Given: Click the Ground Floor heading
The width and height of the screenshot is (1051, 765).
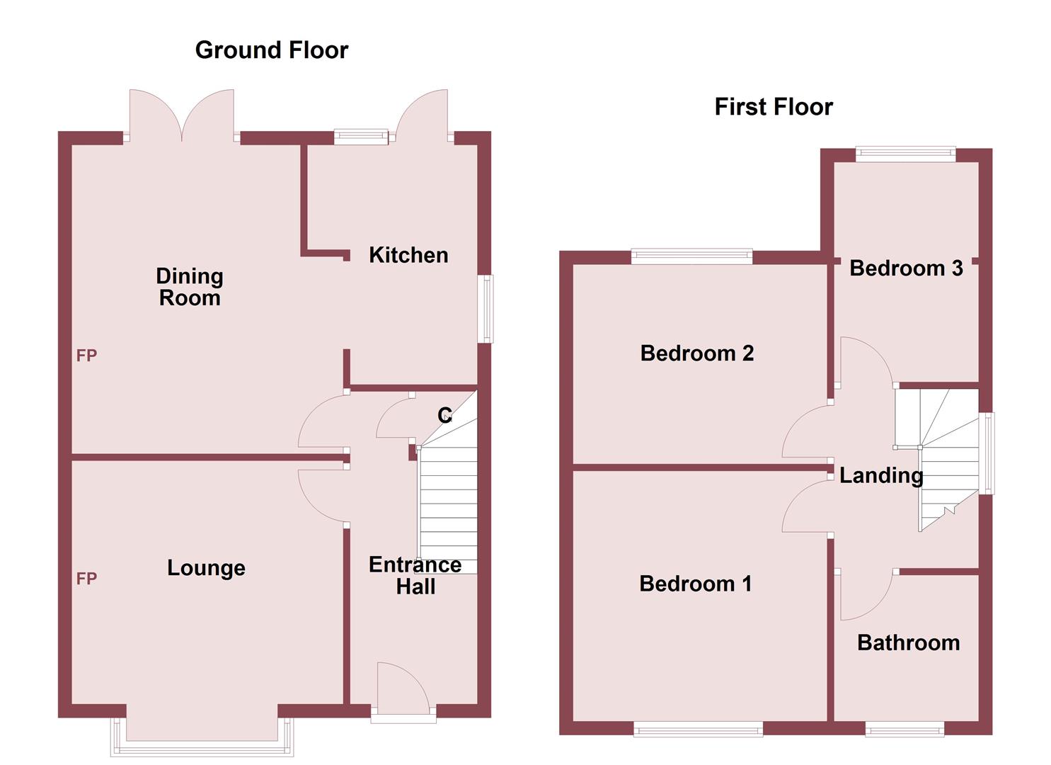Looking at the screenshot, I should (272, 50).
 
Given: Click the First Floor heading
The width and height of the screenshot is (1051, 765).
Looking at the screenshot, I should (774, 107).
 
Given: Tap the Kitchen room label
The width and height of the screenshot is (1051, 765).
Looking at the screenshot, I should (408, 255).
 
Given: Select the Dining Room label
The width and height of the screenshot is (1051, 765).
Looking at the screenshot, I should (190, 287).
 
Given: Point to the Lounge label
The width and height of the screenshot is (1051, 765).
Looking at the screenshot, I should (206, 568).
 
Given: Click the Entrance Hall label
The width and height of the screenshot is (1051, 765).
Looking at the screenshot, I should (415, 575).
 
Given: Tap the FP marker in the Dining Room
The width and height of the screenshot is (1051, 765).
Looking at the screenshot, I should (86, 356).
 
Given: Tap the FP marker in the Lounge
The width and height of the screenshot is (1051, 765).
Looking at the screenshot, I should (86, 579).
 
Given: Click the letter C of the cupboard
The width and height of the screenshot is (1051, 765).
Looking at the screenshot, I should (444, 415).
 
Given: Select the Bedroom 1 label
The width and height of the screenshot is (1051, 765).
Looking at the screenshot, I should (695, 584).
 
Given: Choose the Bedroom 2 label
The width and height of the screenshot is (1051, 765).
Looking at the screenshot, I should (696, 353).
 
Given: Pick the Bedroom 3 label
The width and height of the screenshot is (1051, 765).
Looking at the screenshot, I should (906, 268).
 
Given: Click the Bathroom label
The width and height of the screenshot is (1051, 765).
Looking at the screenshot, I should (908, 642).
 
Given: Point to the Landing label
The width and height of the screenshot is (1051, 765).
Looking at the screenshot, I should (881, 475).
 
